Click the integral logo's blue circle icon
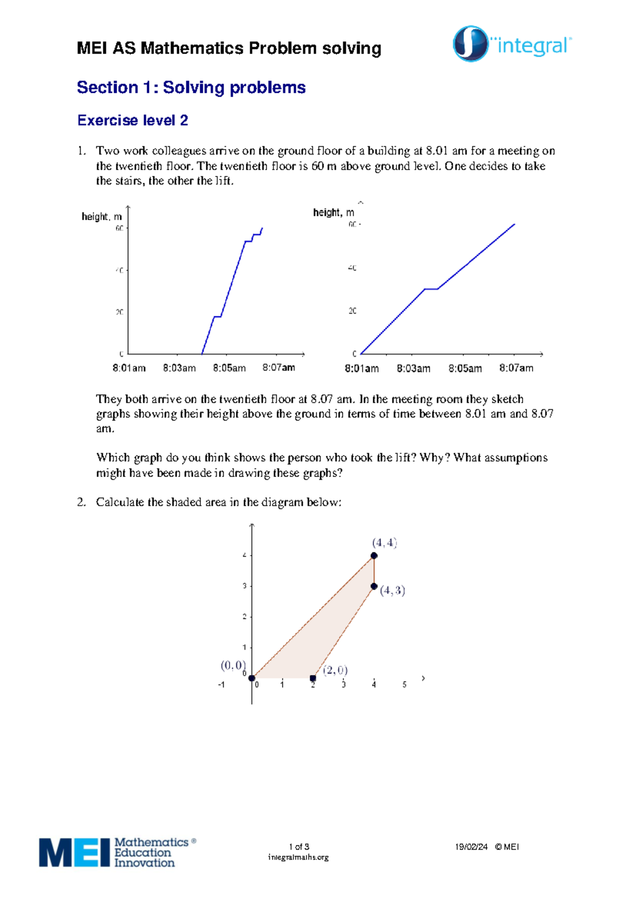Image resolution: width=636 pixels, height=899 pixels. (x=470, y=43)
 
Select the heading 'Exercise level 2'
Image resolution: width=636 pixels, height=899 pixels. (x=132, y=120)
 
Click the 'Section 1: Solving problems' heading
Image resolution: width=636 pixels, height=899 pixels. (x=191, y=87)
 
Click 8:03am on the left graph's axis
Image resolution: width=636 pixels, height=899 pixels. (x=179, y=368)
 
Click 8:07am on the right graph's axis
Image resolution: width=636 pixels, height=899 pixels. (x=516, y=368)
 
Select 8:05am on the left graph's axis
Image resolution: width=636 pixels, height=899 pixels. (x=229, y=368)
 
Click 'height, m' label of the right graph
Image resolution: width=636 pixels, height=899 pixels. (x=333, y=213)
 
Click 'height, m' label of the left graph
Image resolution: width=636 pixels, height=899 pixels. (x=102, y=216)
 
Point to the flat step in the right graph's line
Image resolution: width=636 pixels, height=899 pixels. (x=431, y=289)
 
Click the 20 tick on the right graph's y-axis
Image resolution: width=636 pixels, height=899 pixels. (x=352, y=311)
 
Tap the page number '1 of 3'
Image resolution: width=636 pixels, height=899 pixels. (x=299, y=847)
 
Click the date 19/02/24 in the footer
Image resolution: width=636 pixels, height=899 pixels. (x=471, y=847)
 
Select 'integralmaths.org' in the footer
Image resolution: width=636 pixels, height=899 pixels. (x=298, y=857)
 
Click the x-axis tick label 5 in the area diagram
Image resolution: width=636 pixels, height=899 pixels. (x=404, y=685)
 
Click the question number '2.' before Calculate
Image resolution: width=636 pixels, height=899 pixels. (x=81, y=502)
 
